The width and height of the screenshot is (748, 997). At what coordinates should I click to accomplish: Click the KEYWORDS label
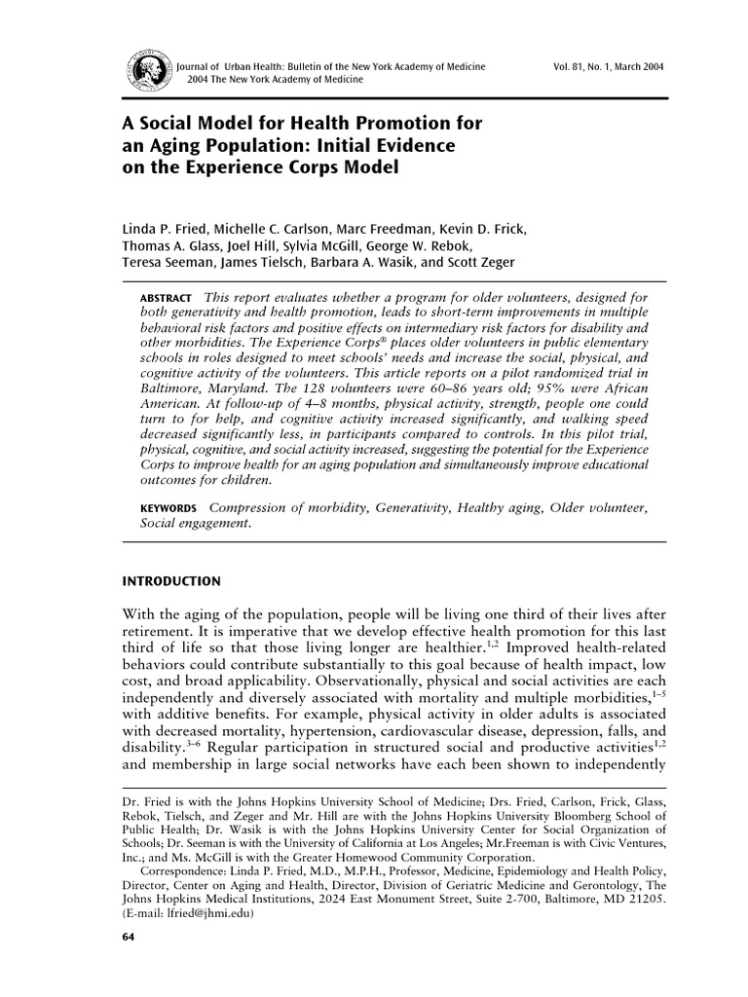pyautogui.click(x=168, y=508)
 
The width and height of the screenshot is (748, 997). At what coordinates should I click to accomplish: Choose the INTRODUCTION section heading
pyautogui.click(x=170, y=582)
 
